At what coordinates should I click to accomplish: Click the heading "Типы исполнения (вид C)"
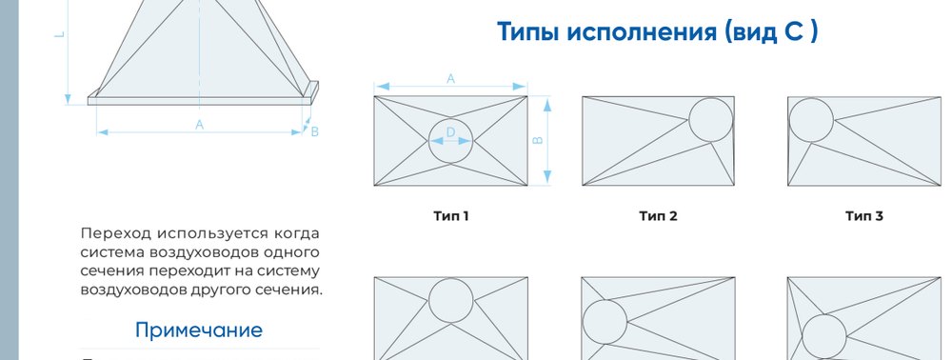point(658,32)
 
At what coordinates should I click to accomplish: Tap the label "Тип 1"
point(451,216)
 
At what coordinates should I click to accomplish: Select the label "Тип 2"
point(658,216)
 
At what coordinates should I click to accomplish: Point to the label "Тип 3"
point(864,216)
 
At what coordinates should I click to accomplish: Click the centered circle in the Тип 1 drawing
point(450,119)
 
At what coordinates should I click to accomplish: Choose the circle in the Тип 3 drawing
point(811,98)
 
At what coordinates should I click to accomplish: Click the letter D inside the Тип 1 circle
point(450,132)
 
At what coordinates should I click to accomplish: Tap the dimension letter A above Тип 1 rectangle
point(450,79)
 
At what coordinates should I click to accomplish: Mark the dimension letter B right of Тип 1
point(537,140)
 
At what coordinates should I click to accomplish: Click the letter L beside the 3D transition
point(59,34)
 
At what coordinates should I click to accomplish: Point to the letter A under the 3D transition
point(199,125)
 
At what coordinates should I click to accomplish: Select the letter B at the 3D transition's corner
point(314,131)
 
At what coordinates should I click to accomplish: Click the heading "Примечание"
point(199,330)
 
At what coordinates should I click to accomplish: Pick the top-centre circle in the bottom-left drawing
point(450,279)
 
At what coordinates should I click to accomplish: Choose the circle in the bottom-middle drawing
point(605,300)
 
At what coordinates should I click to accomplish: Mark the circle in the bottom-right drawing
point(823,314)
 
